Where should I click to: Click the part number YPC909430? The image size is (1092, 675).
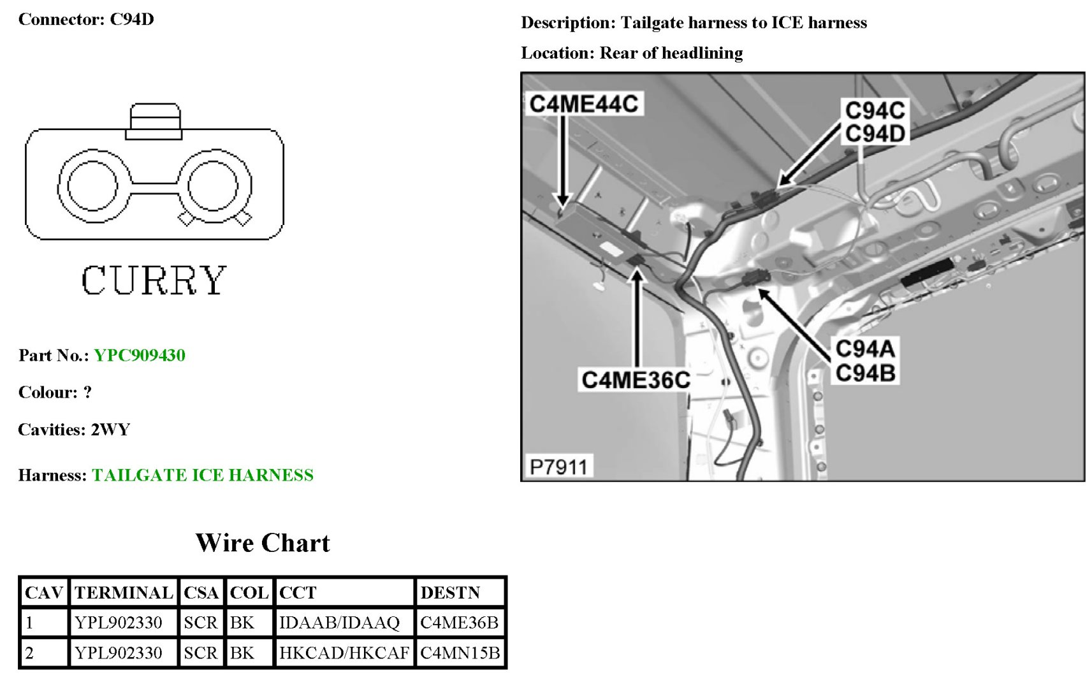tap(140, 355)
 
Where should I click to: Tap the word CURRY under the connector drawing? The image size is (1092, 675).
tap(154, 280)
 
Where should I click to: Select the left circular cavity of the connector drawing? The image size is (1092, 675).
tap(92, 185)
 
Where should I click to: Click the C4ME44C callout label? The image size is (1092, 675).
tap(583, 104)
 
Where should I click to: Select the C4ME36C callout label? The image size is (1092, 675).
tap(636, 380)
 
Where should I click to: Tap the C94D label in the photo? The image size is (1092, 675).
tap(875, 134)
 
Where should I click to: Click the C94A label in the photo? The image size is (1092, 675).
tap(865, 349)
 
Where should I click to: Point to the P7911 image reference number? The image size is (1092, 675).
tap(558, 467)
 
